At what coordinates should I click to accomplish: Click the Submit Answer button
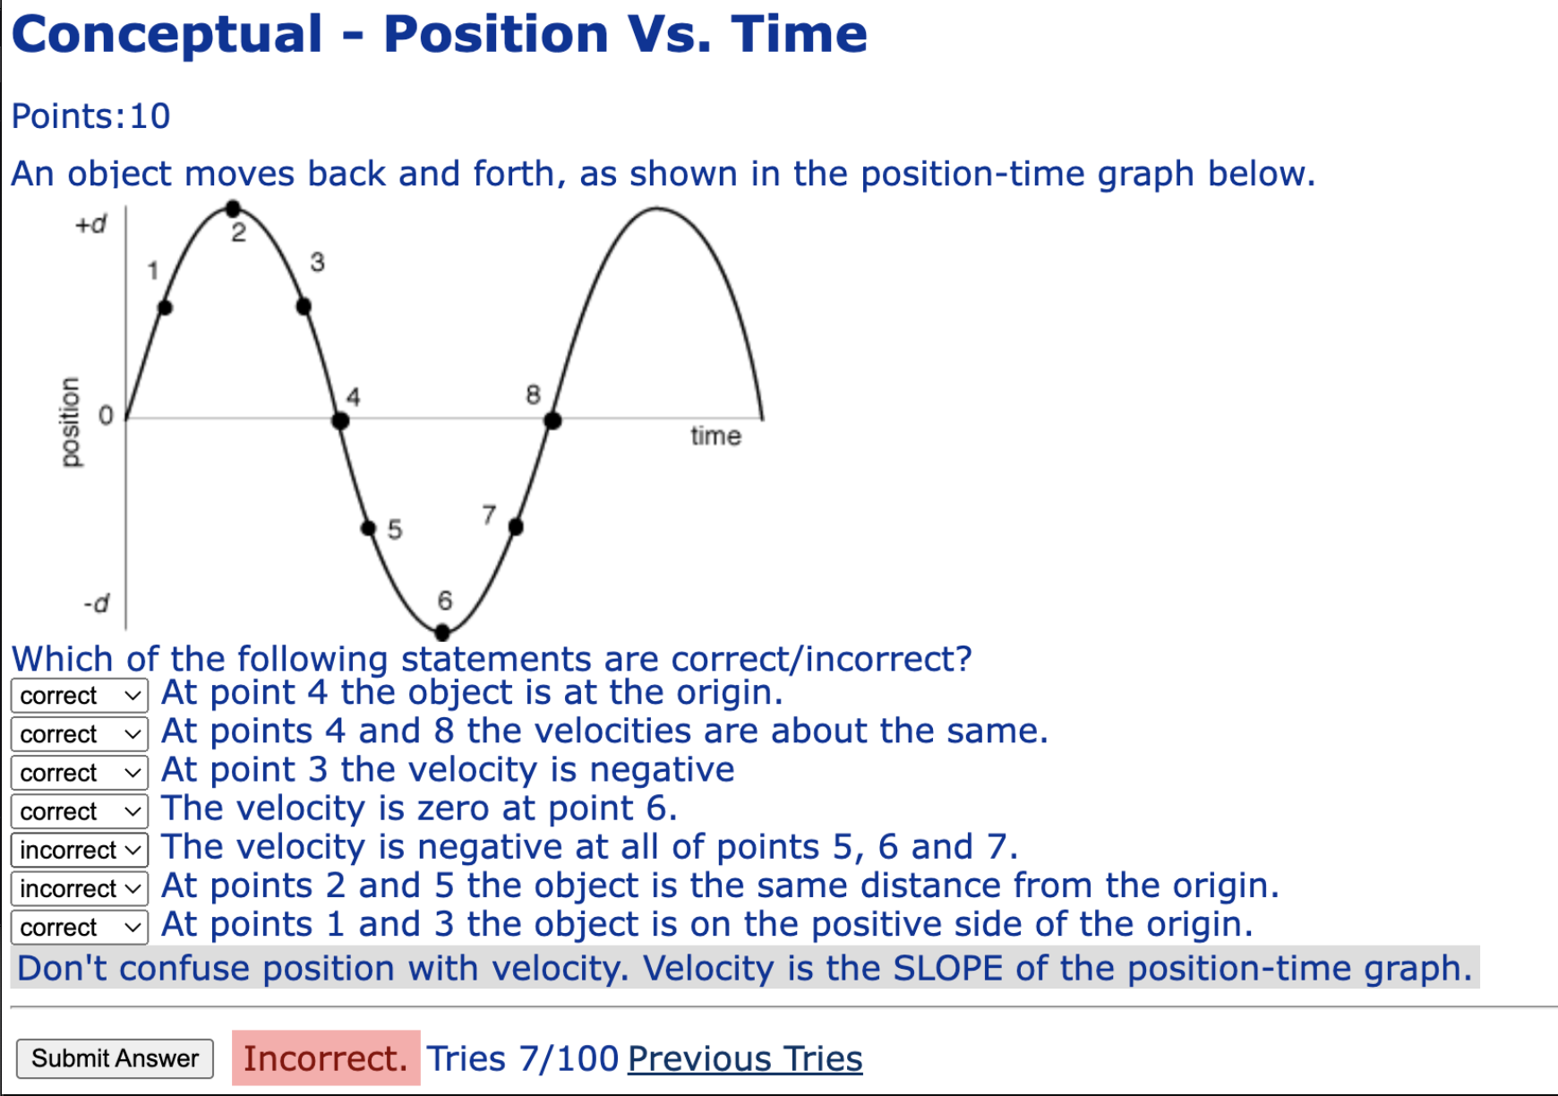[x=115, y=1058]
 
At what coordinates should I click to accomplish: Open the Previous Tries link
[x=745, y=1058]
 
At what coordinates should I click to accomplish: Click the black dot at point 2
[x=233, y=209]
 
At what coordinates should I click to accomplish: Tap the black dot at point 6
[x=442, y=632]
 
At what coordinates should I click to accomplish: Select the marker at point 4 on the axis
[x=340, y=420]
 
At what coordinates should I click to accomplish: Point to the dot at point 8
[x=552, y=420]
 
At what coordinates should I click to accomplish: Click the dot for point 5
[x=368, y=527]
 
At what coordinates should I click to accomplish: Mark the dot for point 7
[x=516, y=527]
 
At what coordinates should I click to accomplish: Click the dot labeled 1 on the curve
[x=165, y=307]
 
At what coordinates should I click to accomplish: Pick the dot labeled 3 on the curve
[x=304, y=306]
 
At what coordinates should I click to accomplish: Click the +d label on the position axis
[x=90, y=224]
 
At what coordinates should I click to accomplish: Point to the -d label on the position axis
[x=96, y=604]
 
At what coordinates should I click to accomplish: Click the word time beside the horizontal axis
[x=715, y=436]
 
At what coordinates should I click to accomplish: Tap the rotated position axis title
[x=70, y=421]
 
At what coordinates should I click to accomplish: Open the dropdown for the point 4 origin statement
[x=80, y=696]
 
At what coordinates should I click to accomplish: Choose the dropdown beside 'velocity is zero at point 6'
[x=80, y=811]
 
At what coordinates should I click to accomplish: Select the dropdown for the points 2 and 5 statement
[x=80, y=888]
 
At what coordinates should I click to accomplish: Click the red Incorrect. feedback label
[x=326, y=1058]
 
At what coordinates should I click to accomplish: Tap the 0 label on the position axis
[x=106, y=415]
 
